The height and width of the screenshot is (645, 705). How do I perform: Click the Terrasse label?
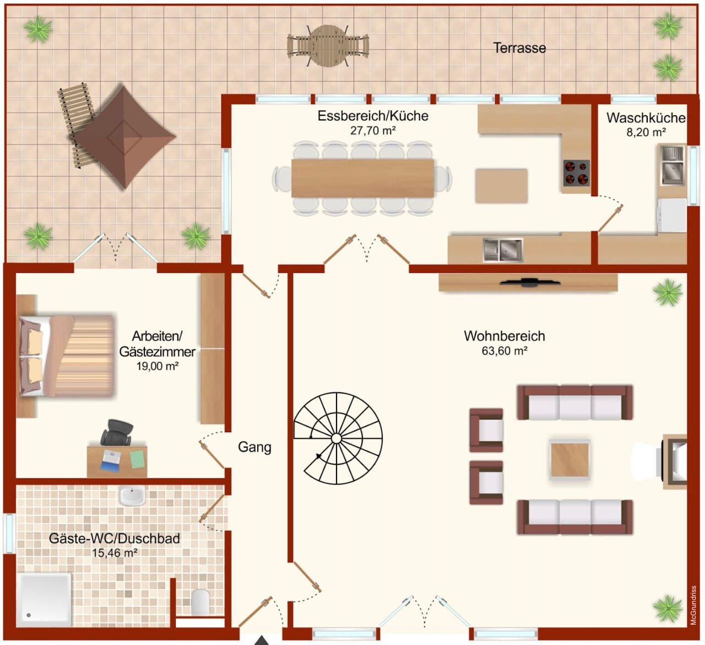click(x=519, y=48)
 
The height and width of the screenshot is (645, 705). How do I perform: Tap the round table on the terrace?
click(x=328, y=46)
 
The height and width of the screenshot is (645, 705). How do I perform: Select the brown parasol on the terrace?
click(x=125, y=137)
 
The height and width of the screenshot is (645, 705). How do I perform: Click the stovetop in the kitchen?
click(x=576, y=173)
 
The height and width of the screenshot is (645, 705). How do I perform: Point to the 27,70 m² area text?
click(x=373, y=131)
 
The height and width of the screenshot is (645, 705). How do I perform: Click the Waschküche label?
click(x=646, y=118)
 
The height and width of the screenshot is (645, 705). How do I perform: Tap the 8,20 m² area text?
click(x=646, y=132)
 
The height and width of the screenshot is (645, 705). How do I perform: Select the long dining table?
click(x=363, y=178)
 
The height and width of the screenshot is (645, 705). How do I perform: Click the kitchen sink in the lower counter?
click(x=502, y=250)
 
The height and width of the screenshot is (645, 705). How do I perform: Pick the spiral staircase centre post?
click(x=337, y=438)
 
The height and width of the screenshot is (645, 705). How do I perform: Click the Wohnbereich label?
click(x=505, y=336)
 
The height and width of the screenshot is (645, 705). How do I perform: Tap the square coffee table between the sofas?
click(x=570, y=460)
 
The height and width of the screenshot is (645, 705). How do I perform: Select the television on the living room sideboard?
click(x=530, y=282)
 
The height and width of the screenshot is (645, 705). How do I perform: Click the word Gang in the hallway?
click(x=254, y=447)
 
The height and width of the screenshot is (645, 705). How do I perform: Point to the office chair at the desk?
click(x=117, y=432)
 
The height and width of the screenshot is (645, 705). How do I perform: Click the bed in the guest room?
click(x=67, y=356)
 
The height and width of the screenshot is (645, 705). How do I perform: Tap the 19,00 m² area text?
click(x=158, y=366)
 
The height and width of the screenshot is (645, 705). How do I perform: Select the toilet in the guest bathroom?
click(x=200, y=601)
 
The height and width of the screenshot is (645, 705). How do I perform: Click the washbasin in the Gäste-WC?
click(x=132, y=496)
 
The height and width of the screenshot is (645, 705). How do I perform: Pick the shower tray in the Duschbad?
click(x=44, y=600)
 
